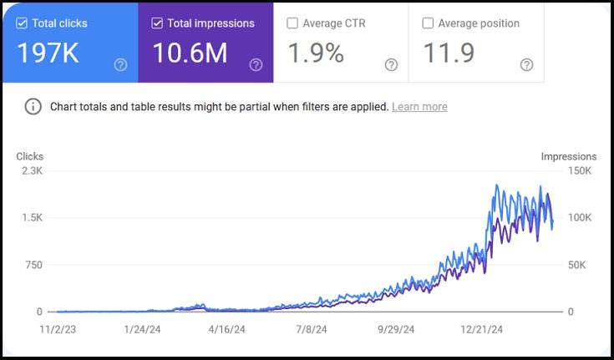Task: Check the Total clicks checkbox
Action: tap(22, 23)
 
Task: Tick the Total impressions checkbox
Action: tap(157, 23)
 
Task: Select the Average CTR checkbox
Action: tap(292, 23)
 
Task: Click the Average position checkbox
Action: tap(428, 23)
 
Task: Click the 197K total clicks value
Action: tap(48, 53)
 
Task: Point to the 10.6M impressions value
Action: tap(189, 53)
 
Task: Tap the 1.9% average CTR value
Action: tap(315, 53)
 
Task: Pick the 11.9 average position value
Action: tap(449, 53)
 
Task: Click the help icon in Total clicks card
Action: tap(120, 64)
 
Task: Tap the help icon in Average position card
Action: tap(526, 64)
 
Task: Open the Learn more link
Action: tap(419, 107)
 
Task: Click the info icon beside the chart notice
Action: tap(33, 107)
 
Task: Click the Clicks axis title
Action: tap(29, 156)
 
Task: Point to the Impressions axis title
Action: tap(569, 156)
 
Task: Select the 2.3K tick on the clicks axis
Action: tap(31, 170)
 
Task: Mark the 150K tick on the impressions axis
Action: tap(577, 170)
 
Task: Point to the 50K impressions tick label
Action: tap(577, 265)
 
